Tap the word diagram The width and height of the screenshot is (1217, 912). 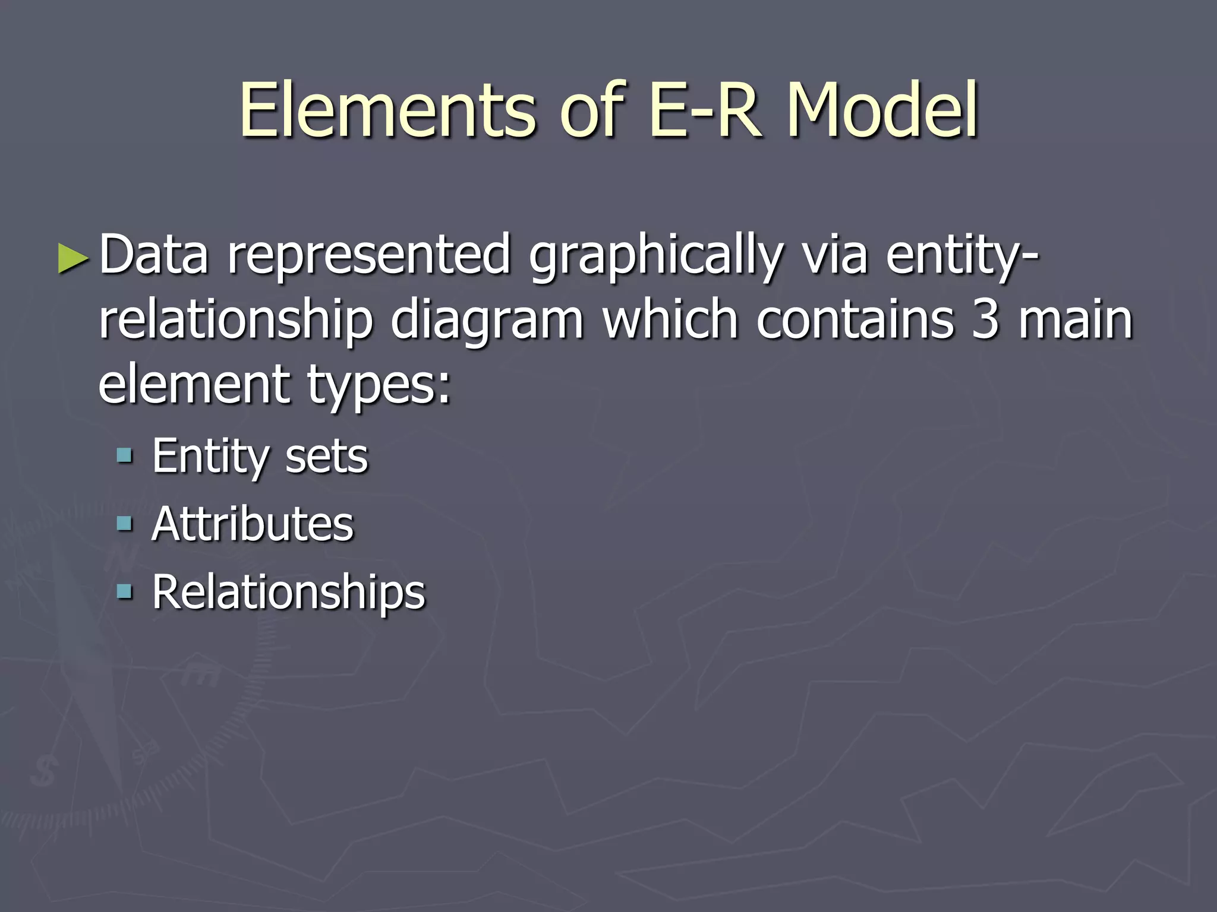[487, 321]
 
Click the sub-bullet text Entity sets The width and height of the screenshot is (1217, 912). [260, 457]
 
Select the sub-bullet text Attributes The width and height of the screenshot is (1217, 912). [253, 524]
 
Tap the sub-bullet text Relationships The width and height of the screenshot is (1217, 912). [289, 593]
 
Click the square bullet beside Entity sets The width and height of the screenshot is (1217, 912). [124, 456]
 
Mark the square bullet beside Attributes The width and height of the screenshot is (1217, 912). [124, 524]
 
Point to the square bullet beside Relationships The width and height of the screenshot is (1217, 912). [124, 591]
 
